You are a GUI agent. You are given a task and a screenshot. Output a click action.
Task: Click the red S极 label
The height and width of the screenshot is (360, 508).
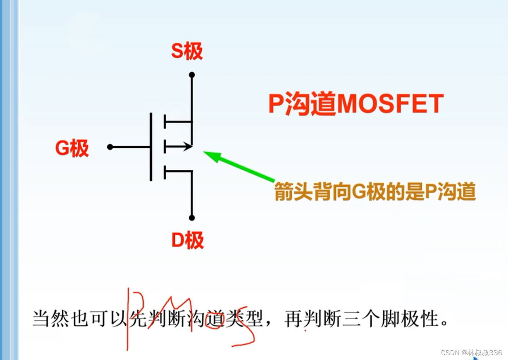(186, 52)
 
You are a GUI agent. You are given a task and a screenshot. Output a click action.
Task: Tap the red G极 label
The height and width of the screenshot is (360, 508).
(72, 149)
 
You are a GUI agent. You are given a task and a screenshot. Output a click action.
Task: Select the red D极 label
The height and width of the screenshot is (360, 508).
(188, 241)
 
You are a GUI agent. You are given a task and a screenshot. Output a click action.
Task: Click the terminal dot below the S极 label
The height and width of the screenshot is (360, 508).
(192, 75)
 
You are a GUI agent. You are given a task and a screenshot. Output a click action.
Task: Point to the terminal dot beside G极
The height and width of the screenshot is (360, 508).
(110, 147)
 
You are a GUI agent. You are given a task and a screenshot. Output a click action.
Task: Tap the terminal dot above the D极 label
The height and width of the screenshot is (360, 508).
(192, 218)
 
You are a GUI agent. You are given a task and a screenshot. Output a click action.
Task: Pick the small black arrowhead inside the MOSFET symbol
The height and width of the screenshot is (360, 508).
(187, 147)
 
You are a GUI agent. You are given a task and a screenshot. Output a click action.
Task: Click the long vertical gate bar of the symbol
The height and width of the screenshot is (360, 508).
(151, 147)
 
